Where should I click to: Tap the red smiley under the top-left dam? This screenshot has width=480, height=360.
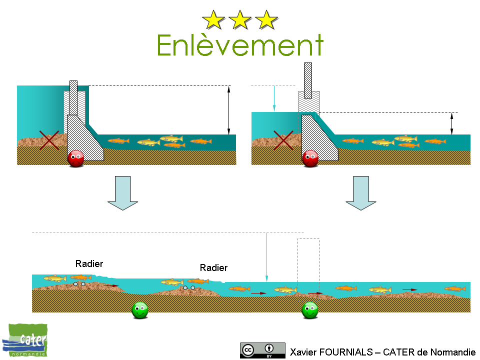point(76,158)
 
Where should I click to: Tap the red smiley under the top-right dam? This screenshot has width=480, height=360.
point(310,158)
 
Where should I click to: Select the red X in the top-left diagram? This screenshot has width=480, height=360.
point(49,139)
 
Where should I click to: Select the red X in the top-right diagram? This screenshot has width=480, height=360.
point(283,139)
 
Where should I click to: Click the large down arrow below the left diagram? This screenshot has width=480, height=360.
point(122,192)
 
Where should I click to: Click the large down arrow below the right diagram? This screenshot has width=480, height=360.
point(360,192)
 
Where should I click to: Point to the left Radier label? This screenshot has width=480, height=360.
point(89,263)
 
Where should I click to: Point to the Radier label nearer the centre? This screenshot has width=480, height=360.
point(213,268)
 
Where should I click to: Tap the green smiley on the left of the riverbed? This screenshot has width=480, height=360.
point(139,310)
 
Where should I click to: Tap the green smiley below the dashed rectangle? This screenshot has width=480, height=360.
point(310,310)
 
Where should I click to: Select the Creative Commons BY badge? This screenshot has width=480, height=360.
point(262,350)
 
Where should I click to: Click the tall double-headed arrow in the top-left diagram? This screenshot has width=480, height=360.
point(228,110)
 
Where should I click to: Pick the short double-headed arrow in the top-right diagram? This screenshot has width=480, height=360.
point(452,123)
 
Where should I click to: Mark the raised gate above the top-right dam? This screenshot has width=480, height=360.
point(308,80)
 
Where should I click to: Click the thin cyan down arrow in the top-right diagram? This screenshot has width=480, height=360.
point(274,98)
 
